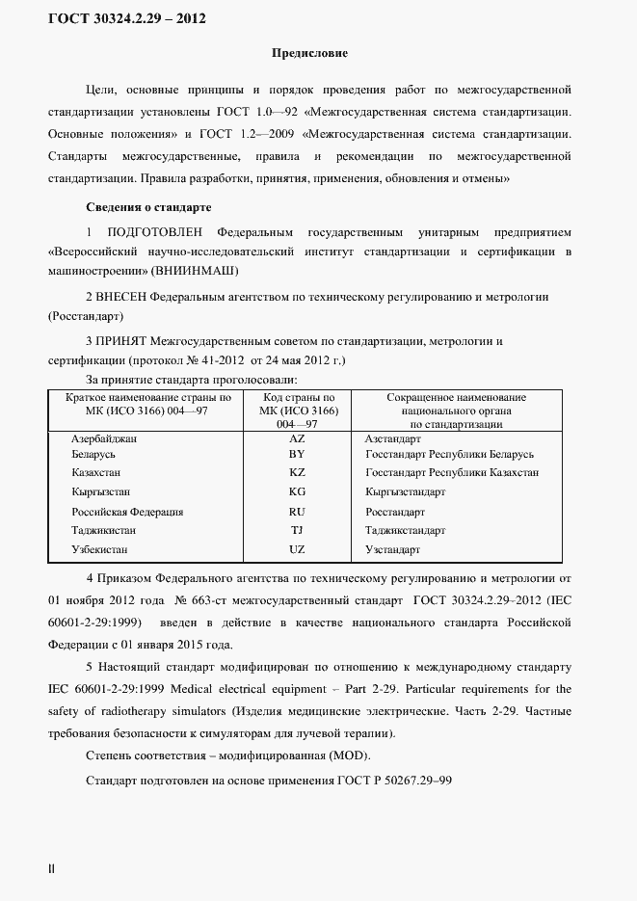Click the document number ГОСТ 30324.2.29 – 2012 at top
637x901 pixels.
[126, 18]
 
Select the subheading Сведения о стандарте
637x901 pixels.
[148, 207]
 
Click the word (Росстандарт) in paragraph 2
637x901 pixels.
[85, 315]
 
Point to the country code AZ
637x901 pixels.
[297, 437]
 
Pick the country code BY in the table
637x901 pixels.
[297, 455]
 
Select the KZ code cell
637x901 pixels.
[297, 473]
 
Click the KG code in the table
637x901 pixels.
[297, 492]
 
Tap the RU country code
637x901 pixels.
[297, 512]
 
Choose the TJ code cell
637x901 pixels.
[297, 530]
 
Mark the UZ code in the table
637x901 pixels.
[297, 549]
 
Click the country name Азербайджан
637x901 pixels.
[104, 437]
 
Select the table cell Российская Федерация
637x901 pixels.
[127, 512]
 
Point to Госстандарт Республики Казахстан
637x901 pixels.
[452, 473]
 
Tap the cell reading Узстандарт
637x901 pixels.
[393, 549]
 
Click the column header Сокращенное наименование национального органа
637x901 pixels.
[456, 410]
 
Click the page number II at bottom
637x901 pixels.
[52, 869]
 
